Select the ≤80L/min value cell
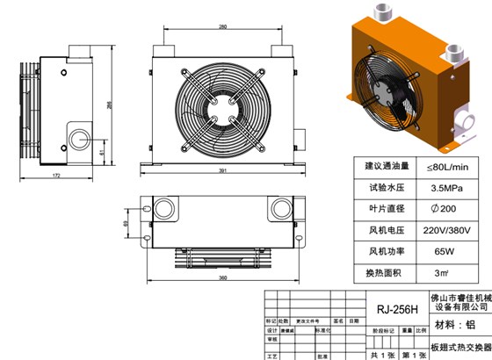452,165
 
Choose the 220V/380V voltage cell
452,231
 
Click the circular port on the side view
79,138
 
